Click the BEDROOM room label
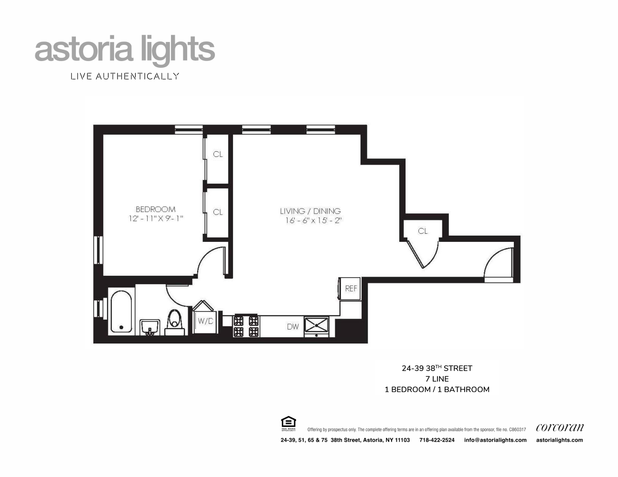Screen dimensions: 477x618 [155, 209]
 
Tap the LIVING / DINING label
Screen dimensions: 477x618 [310, 211]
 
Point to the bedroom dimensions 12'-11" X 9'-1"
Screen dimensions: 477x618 [156, 218]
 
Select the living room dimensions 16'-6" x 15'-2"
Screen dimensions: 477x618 [311, 220]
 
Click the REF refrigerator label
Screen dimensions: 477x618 [351, 289]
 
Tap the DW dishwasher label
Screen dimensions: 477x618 [293, 327]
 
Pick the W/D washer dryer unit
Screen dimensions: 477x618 [205, 321]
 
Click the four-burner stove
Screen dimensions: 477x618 [246, 326]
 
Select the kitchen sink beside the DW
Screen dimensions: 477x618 [317, 325]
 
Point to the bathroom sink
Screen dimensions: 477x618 [149, 327]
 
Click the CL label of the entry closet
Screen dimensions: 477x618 [423, 231]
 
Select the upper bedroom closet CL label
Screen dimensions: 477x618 [218, 154]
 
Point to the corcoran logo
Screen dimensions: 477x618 [559, 427]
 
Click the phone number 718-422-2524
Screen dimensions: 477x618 [437, 440]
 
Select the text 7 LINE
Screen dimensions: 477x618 [437, 379]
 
